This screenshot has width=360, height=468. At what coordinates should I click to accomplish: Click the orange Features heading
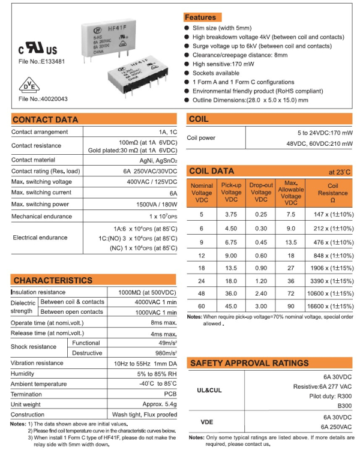(x=200, y=17)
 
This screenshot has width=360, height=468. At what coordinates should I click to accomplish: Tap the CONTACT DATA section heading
(x=46, y=119)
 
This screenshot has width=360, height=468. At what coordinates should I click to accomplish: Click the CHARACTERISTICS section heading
(x=53, y=280)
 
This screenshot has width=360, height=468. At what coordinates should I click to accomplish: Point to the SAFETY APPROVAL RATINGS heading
(x=249, y=363)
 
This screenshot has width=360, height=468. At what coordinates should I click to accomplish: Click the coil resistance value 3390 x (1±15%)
(x=332, y=280)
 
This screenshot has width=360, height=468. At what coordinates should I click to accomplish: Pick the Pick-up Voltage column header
(x=232, y=193)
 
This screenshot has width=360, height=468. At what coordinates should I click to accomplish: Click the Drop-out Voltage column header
(x=261, y=193)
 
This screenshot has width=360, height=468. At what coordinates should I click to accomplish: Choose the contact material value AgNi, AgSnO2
(x=158, y=160)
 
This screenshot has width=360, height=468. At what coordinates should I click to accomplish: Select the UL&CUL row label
(x=209, y=390)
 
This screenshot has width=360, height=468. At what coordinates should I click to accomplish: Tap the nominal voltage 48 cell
(x=202, y=294)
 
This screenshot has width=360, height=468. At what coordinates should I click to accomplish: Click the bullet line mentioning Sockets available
(x=216, y=73)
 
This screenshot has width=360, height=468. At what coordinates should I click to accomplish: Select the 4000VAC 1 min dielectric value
(x=155, y=302)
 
